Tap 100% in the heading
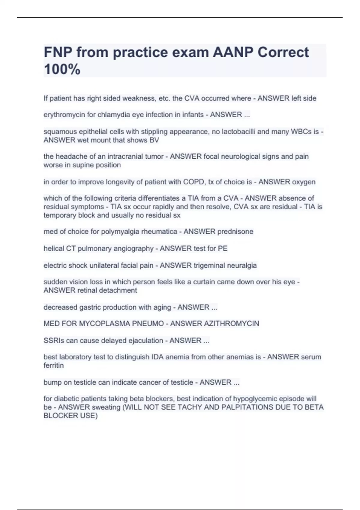click(x=62, y=69)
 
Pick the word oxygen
click(x=304, y=182)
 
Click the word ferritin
click(x=53, y=366)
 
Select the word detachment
click(x=119, y=290)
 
